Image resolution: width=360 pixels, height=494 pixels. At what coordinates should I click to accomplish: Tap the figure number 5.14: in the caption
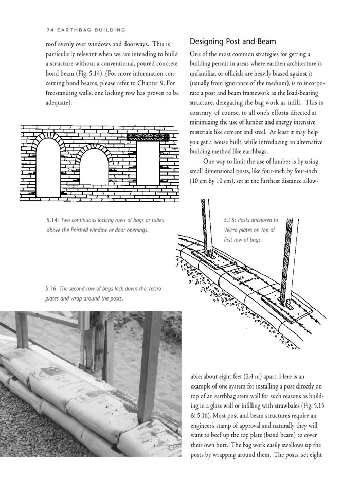52,220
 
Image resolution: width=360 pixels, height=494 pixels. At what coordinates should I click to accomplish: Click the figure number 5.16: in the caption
52,289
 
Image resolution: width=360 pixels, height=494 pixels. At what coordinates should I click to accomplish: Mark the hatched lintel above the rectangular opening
148,137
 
